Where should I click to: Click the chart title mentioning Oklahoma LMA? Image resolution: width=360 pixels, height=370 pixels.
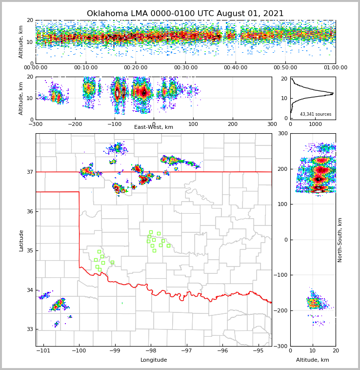click(185, 14)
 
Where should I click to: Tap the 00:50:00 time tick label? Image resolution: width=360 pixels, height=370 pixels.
click(285, 68)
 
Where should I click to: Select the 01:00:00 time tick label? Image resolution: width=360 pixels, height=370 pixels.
click(335, 68)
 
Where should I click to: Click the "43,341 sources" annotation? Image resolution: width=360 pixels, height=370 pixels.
click(316, 114)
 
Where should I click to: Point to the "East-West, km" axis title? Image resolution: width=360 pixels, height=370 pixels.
click(154, 127)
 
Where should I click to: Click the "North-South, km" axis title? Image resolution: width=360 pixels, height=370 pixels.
click(340, 240)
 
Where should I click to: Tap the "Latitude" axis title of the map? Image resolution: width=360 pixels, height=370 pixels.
click(21, 240)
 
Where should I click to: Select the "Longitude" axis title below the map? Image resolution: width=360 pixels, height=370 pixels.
click(154, 360)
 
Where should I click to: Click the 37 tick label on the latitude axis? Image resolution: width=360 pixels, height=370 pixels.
click(29, 172)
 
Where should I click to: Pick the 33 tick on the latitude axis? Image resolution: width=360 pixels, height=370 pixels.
click(29, 329)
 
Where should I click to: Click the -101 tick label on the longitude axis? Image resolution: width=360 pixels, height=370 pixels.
click(43, 350)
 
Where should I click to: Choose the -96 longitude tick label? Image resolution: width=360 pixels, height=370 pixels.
click(222, 350)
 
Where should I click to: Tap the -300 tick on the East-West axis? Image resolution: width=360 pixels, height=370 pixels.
click(36, 124)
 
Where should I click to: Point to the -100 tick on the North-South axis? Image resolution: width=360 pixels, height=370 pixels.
click(281, 275)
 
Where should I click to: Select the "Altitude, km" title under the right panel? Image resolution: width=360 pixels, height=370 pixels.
click(313, 360)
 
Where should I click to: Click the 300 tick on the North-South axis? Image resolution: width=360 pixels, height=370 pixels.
click(283, 133)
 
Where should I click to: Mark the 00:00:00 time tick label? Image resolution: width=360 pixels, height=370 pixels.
click(36, 68)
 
